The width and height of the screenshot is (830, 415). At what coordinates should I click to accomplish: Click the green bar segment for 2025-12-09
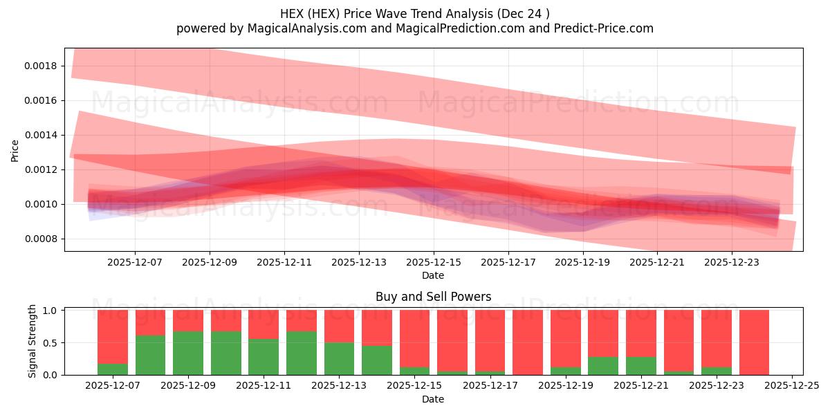coord(188,353)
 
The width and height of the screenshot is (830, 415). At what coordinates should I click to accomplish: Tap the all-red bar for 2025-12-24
coord(754,342)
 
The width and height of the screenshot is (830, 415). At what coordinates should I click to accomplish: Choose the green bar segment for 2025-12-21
coord(640,365)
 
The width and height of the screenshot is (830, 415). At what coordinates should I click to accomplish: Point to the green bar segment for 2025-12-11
coord(264,356)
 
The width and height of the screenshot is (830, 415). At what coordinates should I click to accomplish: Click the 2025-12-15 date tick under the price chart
coord(434,263)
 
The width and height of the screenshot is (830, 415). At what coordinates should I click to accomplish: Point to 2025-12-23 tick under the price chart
coord(732,263)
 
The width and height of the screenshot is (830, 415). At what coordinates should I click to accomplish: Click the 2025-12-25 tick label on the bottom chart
coord(791,386)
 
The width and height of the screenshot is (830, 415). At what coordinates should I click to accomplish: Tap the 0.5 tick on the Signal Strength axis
coord(53,343)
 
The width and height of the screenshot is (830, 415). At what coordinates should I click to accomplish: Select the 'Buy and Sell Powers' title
coord(433,297)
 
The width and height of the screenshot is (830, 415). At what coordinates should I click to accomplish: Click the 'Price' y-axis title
coord(15,150)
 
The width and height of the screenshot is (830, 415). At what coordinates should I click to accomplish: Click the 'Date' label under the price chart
coord(433,275)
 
